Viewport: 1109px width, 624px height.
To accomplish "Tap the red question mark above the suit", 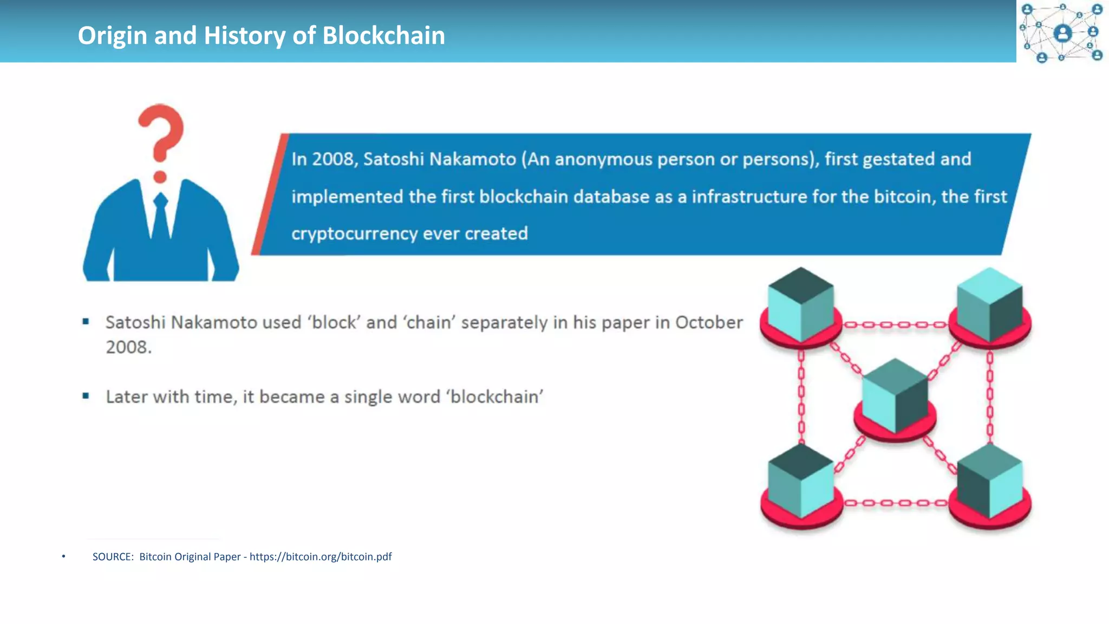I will click(161, 135).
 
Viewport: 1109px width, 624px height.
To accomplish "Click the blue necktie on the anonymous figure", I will click(161, 217).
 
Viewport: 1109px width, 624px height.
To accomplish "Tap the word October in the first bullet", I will click(709, 323).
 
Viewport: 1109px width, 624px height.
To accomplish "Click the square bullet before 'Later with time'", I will click(86, 396).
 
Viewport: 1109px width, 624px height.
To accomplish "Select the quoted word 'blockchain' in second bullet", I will click(494, 397).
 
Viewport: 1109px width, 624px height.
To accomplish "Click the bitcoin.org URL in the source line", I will click(321, 557).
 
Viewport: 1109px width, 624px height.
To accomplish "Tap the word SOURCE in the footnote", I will click(113, 557).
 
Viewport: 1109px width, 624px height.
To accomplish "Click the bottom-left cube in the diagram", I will click(800, 482).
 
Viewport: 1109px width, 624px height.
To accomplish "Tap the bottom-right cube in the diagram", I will click(989, 482).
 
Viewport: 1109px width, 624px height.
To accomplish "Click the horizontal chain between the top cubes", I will click(895, 325).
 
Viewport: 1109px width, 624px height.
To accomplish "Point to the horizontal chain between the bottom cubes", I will click(895, 503).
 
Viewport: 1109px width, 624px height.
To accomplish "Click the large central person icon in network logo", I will click(1063, 34).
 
